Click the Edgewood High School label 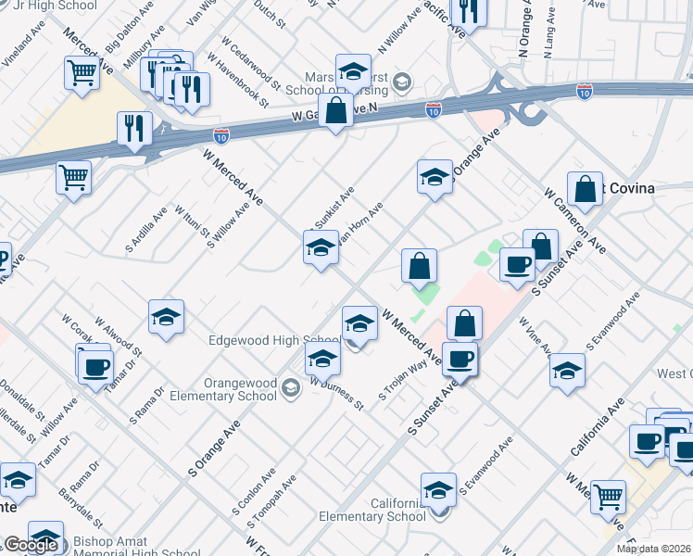tap(274, 341)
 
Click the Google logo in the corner tap(31, 545)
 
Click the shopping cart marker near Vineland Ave tap(82, 70)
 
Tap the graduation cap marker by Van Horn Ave tap(321, 247)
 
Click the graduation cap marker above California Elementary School tap(438, 488)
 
